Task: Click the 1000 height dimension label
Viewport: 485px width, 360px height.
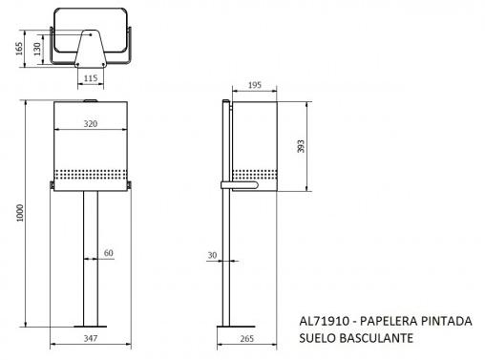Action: click(x=20, y=213)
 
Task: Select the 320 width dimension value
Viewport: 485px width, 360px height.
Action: click(x=91, y=124)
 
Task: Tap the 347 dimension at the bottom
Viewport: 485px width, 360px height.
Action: click(x=91, y=338)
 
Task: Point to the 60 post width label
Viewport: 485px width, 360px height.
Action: click(x=109, y=253)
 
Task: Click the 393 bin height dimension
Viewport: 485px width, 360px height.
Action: click(x=301, y=146)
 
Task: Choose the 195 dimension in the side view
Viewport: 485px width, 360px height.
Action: click(x=255, y=85)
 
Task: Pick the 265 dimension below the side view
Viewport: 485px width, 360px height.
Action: click(x=247, y=339)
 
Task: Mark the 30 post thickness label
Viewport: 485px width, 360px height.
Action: click(x=212, y=255)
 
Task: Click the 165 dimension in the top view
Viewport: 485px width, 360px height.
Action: click(x=19, y=49)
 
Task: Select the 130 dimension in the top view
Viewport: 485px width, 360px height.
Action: click(x=37, y=49)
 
